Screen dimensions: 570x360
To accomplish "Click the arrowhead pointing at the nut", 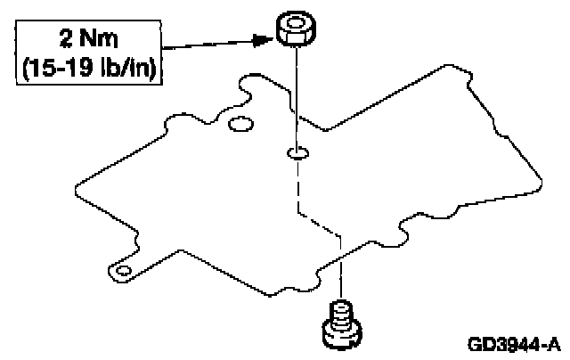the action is coord(260,38).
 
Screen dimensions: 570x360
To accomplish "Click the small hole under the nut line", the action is coord(297,154).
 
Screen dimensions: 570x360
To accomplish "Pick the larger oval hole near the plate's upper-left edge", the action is coord(239,124).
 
